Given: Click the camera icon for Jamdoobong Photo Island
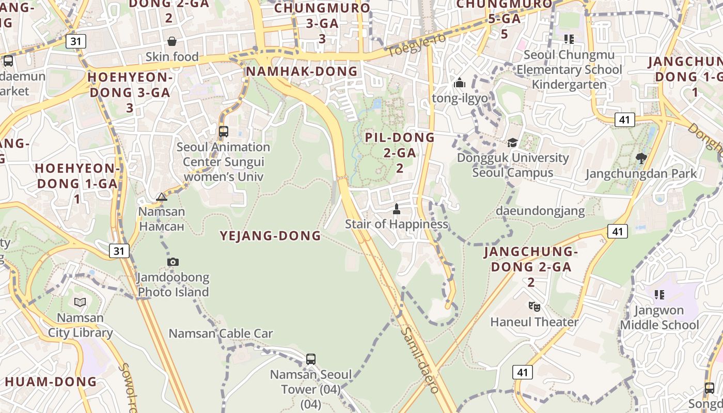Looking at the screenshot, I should click(173, 262).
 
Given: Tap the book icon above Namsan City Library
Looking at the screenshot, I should click(80, 302).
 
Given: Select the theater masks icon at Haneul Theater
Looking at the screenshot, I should click(535, 307).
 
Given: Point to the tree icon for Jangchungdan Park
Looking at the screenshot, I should click(641, 158).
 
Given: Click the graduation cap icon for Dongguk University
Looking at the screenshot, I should click(512, 142).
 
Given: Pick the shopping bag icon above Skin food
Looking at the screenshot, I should click(172, 41).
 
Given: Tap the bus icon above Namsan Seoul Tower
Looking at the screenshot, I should click(310, 359).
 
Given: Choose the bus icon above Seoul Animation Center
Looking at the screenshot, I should click(223, 132).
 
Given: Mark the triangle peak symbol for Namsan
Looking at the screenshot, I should click(162, 197).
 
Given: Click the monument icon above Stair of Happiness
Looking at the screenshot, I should click(397, 209).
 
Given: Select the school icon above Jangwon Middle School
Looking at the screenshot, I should click(659, 295).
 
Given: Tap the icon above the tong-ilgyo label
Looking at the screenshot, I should click(459, 83).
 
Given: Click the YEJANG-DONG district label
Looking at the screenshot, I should click(270, 236).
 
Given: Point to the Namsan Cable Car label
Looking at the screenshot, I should click(221, 333).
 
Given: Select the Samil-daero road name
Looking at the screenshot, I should click(420, 360).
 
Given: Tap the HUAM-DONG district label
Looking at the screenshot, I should click(51, 382).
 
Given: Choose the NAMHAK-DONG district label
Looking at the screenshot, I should click(302, 71).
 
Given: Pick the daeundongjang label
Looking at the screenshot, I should click(540, 211).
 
